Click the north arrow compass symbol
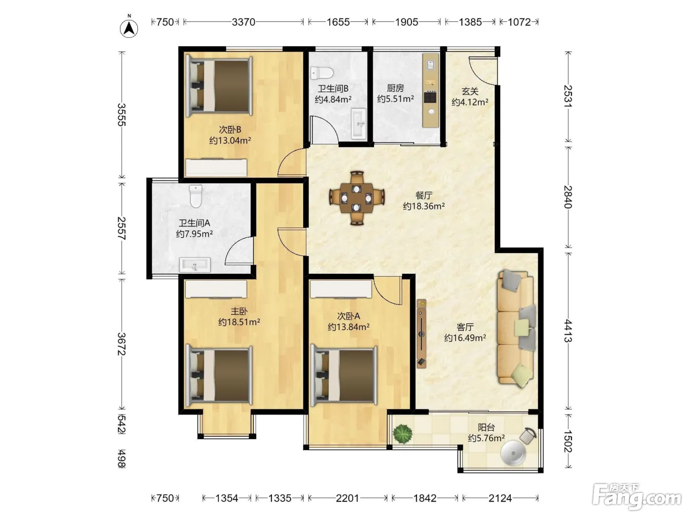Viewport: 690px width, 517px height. point(129,28)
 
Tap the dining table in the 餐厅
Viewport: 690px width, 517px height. point(357,198)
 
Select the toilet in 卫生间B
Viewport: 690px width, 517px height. point(321,73)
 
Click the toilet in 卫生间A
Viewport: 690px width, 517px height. point(196,196)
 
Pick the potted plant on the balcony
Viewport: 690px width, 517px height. point(402,433)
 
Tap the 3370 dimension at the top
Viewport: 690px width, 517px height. point(243,22)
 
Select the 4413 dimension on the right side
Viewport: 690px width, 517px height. point(568,330)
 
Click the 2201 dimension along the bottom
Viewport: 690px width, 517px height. point(347,498)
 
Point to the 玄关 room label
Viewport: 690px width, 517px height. point(470,92)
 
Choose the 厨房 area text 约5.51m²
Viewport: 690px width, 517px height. point(395,99)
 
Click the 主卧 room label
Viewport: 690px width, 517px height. point(239,311)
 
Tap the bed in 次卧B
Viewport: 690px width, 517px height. point(219,86)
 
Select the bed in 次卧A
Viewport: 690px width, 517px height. point(344,376)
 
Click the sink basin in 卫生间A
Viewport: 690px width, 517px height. point(195,265)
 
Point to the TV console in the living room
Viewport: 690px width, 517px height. point(421,333)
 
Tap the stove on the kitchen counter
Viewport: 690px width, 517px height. point(430,97)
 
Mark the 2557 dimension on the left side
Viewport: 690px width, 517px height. point(122,228)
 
